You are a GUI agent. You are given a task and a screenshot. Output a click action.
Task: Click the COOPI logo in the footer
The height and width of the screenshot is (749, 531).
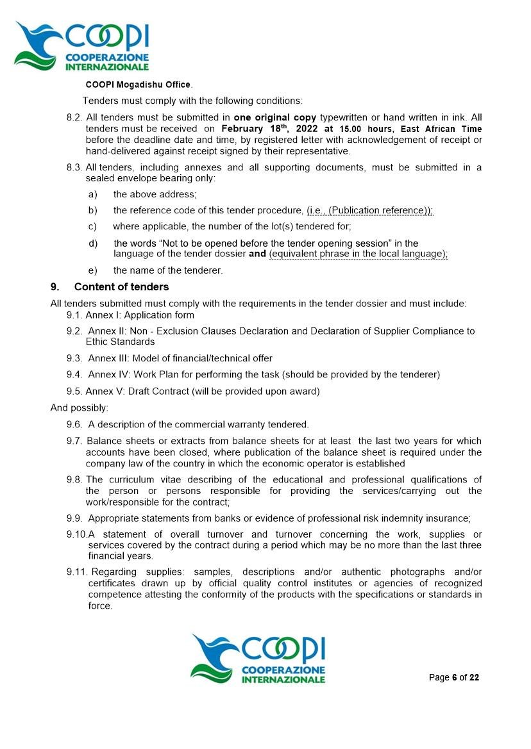[x=258, y=659]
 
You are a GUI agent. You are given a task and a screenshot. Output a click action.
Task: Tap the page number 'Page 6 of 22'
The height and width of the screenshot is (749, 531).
[x=453, y=678]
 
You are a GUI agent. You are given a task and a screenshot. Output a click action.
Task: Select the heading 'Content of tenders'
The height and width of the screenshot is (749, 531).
[x=121, y=286]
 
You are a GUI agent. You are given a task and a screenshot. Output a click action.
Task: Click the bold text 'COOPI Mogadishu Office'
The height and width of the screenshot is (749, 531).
[x=138, y=85]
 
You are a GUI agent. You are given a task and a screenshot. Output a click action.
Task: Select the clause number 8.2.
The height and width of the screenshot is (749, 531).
[x=74, y=118]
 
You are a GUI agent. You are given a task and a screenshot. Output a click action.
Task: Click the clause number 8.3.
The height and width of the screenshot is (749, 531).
[x=74, y=168]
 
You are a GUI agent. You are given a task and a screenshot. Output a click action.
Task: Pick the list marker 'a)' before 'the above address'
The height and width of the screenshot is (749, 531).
[x=93, y=194]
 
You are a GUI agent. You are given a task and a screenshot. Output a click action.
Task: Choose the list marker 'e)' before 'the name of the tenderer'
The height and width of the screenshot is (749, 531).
[x=93, y=270]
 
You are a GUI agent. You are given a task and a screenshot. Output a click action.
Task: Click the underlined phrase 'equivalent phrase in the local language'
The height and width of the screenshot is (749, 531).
[x=358, y=254]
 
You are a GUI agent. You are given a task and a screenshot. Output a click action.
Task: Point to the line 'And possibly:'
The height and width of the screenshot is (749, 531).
[x=80, y=407]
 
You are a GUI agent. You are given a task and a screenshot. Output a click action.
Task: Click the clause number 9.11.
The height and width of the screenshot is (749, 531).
[x=77, y=572]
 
